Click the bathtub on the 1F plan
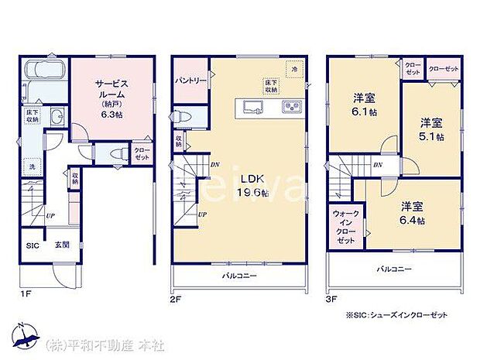[x=45, y=74]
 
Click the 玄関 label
[x=62, y=247]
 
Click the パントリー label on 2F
[x=189, y=81]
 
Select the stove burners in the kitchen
[x=290, y=106]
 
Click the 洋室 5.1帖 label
[x=432, y=129]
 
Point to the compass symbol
[x=25, y=334]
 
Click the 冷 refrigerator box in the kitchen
[x=294, y=69]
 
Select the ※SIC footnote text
[x=396, y=317]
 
